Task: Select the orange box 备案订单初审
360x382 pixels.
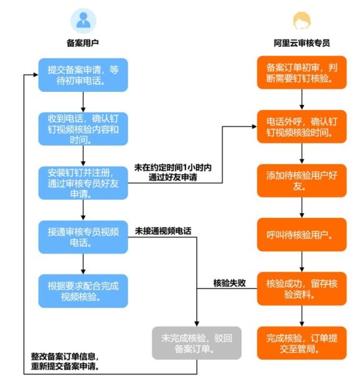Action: [302, 74]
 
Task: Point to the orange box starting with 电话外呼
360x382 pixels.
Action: [302, 128]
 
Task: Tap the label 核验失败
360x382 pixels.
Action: [229, 283]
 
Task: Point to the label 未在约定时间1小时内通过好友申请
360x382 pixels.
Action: [173, 173]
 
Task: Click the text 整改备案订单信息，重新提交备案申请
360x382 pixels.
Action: [65, 361]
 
